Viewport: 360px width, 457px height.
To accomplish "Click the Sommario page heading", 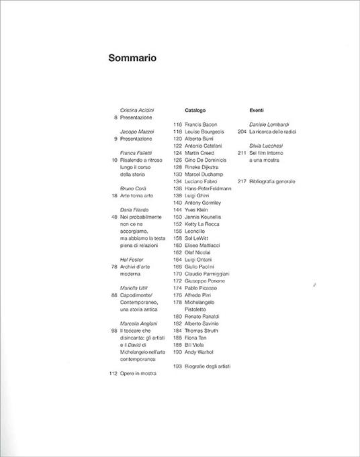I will (132, 58).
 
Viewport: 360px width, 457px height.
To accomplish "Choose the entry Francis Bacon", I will (202, 124).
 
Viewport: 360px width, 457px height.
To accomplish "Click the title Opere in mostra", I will (138, 372).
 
